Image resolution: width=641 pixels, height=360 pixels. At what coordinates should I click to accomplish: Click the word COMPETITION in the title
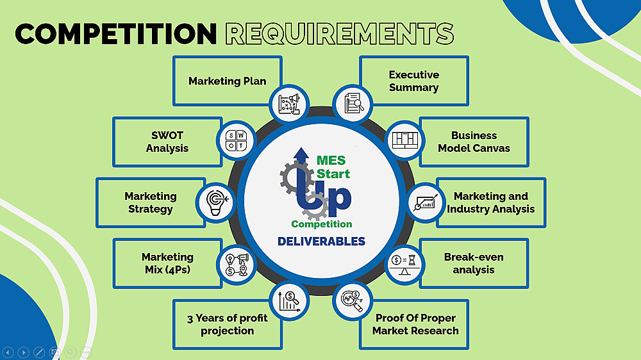[116, 34]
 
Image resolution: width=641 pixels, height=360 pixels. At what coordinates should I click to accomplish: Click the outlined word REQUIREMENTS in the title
[340, 34]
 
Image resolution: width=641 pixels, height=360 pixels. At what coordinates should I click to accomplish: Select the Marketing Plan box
[227, 81]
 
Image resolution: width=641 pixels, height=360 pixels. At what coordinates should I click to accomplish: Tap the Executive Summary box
[413, 81]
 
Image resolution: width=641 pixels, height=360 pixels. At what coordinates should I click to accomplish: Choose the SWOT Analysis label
[167, 142]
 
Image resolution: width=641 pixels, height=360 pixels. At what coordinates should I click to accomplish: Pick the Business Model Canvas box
[474, 142]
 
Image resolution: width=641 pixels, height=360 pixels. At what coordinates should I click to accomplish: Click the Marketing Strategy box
[150, 202]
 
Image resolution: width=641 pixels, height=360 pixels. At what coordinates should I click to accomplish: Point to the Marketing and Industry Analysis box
[490, 202]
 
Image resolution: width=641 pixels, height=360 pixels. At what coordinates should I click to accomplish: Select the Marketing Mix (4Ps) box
[167, 263]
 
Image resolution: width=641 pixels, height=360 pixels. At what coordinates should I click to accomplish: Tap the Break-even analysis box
[474, 263]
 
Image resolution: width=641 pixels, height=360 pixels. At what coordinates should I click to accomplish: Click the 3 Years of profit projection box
[227, 324]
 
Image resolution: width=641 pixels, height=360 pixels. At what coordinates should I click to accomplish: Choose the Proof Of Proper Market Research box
[415, 324]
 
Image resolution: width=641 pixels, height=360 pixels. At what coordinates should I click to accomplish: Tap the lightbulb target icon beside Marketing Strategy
[214, 202]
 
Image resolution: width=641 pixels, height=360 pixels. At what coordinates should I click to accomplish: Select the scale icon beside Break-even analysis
[405, 263]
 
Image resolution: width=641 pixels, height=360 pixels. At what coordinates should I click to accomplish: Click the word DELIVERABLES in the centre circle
[321, 241]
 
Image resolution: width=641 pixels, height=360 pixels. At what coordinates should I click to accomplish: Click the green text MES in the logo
[331, 160]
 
